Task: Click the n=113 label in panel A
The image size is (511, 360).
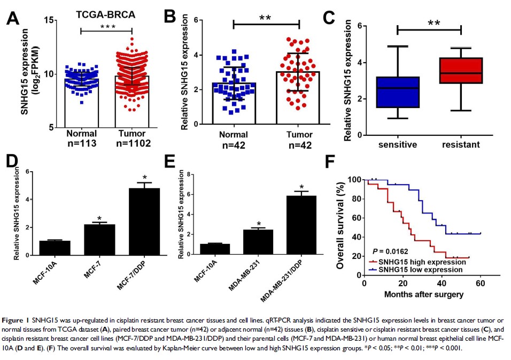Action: click(x=81, y=143)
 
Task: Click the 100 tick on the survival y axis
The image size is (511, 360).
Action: click(x=353, y=179)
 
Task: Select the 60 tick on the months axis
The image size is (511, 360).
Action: click(x=481, y=283)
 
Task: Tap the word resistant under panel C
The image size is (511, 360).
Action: click(x=461, y=145)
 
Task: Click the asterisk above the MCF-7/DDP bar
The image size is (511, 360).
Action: click(x=144, y=177)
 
